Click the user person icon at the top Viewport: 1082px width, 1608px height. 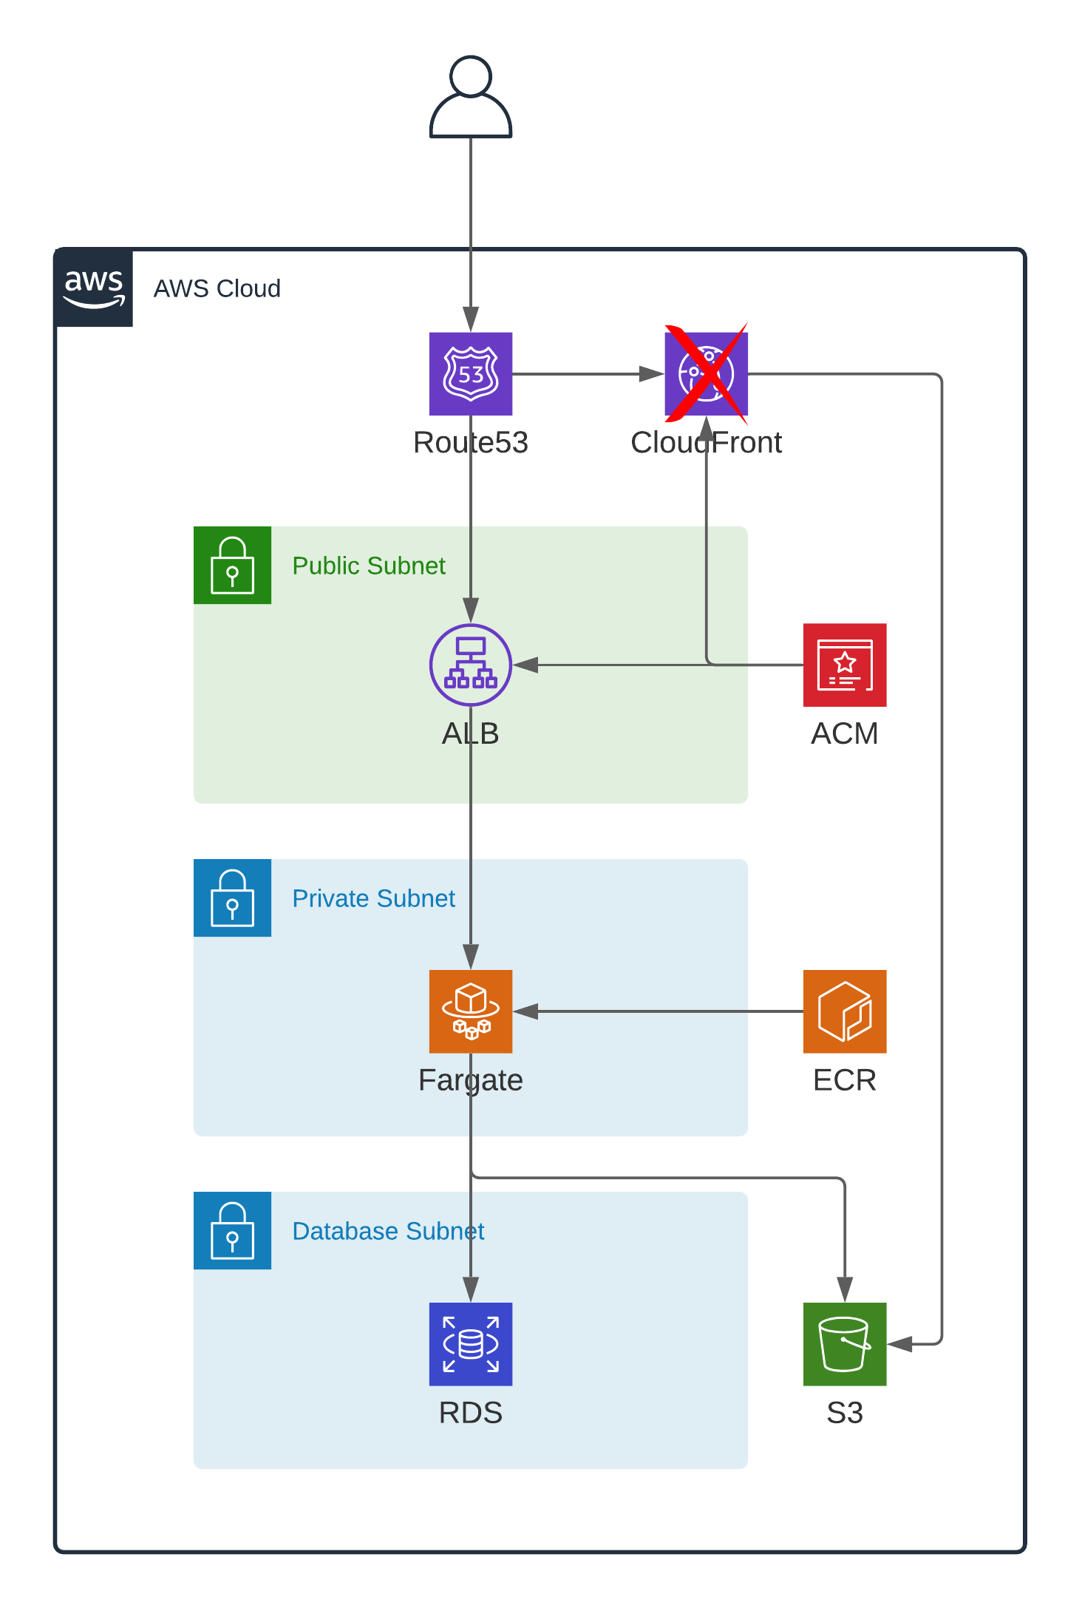pos(471,97)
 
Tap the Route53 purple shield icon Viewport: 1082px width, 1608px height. pos(471,374)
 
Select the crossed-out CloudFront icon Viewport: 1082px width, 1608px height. pos(707,374)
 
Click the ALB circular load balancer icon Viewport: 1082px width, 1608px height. pos(471,665)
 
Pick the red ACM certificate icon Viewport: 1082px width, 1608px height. pos(845,665)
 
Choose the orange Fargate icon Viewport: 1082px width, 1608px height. pos(471,1011)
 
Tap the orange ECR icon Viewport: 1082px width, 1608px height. pos(845,1011)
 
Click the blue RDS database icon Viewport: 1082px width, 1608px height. pos(471,1344)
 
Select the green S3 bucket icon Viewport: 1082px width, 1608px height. pos(845,1344)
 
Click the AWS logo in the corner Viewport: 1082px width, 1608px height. pos(94,288)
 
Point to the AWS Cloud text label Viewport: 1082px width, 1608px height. pos(217,288)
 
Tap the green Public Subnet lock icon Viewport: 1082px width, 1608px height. pos(232,566)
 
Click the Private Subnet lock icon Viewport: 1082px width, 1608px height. pos(232,898)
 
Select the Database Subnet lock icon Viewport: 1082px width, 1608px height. pos(232,1231)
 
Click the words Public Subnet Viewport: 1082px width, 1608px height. pos(369,566)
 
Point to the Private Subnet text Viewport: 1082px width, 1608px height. pos(374,898)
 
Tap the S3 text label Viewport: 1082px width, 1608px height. pos(845,1413)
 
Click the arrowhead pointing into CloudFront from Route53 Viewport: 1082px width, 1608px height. pos(652,374)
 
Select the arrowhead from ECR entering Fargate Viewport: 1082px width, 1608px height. pos(525,1011)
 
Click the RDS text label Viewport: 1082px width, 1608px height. pos(471,1413)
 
